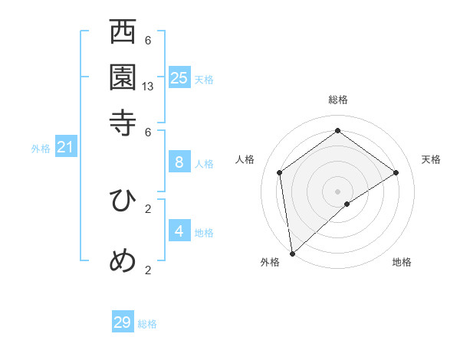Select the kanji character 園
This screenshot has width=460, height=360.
coord(123,77)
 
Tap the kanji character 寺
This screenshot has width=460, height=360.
coord(123,122)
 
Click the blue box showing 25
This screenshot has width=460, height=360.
coord(179,78)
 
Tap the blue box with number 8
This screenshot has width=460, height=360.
coord(179,162)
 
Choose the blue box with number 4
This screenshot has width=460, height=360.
coord(179,231)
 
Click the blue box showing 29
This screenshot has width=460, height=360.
coord(123,322)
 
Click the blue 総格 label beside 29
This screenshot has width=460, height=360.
coord(147,324)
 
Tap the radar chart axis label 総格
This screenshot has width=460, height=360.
coord(337,100)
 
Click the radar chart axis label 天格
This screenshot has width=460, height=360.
coord(432,159)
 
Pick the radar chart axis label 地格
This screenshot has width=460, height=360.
coord(402,262)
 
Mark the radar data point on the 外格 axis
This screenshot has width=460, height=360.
coord(291,253)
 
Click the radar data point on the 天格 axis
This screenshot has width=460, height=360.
coord(396,172)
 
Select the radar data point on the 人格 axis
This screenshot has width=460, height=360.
coord(280,172)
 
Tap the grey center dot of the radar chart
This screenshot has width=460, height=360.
coord(337,190)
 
